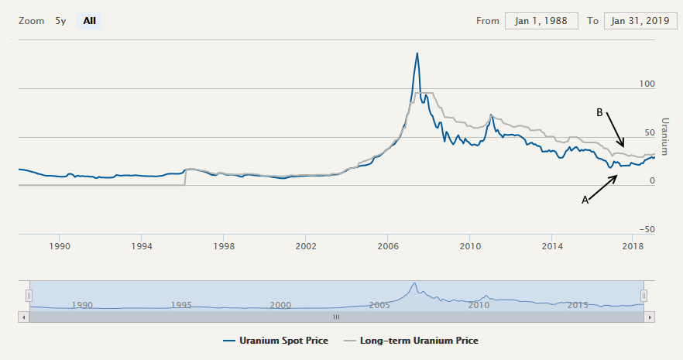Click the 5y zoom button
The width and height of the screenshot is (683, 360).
coord(60,21)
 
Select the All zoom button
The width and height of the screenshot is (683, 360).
coord(90,21)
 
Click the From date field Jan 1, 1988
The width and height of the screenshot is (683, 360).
coord(541,21)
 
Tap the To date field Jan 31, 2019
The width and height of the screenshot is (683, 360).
coord(640,21)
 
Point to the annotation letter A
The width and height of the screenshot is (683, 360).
coord(585,200)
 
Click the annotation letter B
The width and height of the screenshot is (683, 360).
coord(599,112)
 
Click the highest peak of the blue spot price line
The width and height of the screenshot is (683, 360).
coord(417,53)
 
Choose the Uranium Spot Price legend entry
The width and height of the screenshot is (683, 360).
coord(275,341)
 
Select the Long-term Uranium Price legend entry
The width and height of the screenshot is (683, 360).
coord(411,341)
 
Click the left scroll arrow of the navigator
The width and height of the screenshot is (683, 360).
coord(24,317)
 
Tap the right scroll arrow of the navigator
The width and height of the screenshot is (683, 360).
coord(649,317)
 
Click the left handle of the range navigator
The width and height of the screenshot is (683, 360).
coord(29,295)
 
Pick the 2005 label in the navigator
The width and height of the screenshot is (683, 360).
coord(379,304)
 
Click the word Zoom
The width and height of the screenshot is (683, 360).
coord(31,21)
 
